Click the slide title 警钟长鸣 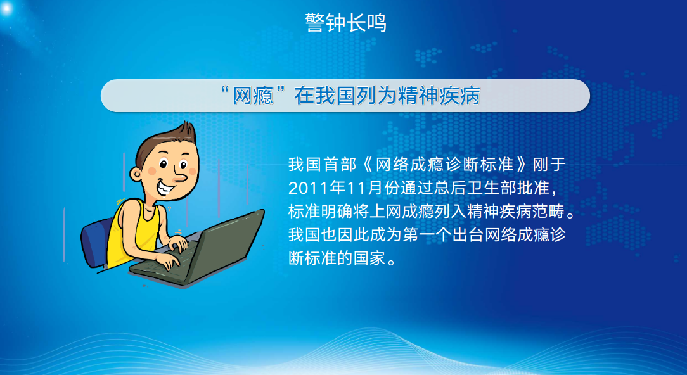pos(345,23)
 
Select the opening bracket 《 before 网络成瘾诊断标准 pos(368,165)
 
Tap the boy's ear pos(136,174)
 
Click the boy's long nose pos(179,176)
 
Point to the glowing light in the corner pos(6,8)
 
